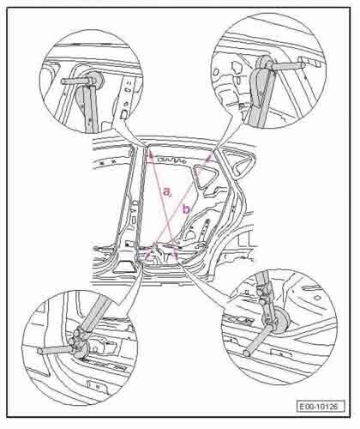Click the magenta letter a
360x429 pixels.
click(x=167, y=190)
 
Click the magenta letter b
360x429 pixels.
click(x=186, y=209)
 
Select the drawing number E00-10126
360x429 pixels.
click(x=321, y=406)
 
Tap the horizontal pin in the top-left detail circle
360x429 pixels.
click(x=75, y=82)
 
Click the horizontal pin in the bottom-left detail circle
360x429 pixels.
click(x=54, y=350)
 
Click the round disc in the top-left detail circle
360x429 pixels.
click(x=96, y=79)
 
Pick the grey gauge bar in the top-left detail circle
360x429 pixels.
click(x=91, y=109)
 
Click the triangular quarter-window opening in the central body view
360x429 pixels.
click(x=205, y=176)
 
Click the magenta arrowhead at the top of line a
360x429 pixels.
click(x=148, y=154)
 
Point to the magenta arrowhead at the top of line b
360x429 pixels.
click(x=209, y=158)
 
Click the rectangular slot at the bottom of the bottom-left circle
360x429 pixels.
click(x=97, y=386)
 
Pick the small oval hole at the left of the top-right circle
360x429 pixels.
click(x=216, y=71)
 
